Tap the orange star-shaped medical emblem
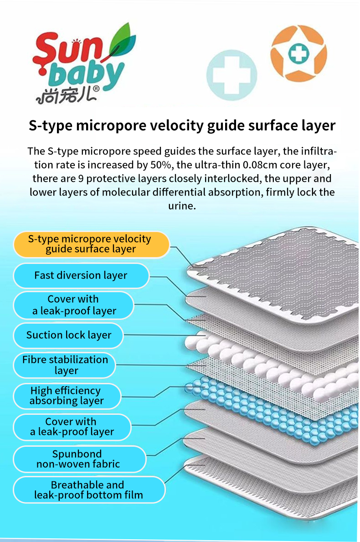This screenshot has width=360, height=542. [298, 53]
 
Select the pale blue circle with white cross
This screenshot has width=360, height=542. [231, 75]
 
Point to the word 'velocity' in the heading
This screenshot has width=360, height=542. [175, 125]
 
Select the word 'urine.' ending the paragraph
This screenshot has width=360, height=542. [182, 206]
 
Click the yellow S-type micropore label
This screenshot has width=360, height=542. [91, 244]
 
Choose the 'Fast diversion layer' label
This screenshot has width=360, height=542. [81, 275]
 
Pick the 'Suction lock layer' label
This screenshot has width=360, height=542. [68, 335]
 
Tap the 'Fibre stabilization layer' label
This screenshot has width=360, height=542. [65, 365]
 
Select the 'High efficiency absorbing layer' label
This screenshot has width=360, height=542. [67, 396]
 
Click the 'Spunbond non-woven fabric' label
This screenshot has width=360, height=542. [79, 459]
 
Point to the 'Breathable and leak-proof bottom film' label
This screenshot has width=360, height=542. [89, 490]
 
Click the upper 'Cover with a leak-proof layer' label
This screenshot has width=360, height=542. [73, 305]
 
